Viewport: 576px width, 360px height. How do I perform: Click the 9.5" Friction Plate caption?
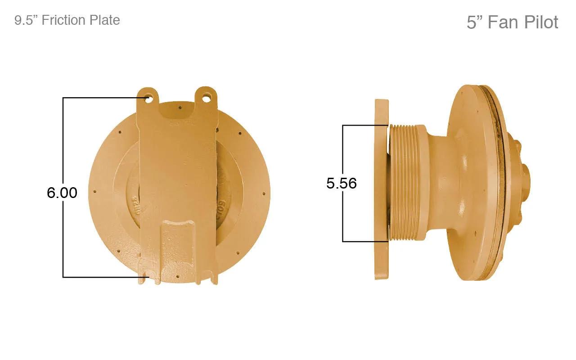click(x=67, y=20)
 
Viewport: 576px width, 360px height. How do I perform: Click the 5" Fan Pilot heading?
click(x=512, y=22)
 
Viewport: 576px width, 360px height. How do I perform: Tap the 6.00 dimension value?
click(x=62, y=193)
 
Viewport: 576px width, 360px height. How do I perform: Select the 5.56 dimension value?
click(x=342, y=183)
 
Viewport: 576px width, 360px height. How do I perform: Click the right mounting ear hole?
click(x=206, y=98)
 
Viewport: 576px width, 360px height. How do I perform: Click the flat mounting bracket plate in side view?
click(x=382, y=189)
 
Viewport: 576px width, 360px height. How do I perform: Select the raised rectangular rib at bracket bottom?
click(x=177, y=244)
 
